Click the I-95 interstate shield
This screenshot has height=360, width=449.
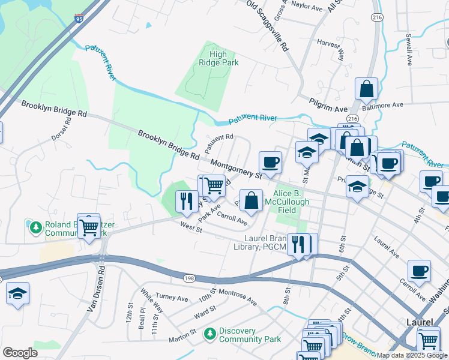[80, 20]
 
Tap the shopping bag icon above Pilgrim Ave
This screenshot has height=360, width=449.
[366, 89]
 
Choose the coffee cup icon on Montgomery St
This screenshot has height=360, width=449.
[270, 161]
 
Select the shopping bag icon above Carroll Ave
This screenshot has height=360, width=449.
[252, 200]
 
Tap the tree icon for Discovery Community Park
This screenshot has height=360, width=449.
[209, 333]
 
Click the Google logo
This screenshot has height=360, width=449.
[20, 353]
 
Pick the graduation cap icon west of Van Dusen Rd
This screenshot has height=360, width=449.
[18, 294]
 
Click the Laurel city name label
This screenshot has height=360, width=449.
[418, 322]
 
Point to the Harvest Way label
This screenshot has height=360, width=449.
[331, 51]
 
